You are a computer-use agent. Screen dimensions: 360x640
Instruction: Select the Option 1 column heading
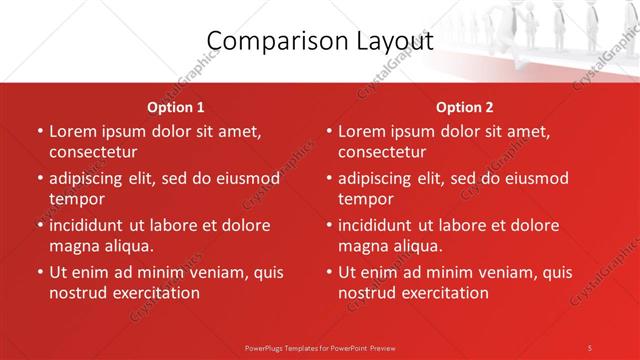point(176,106)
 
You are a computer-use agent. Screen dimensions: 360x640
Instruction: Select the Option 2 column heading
point(465,106)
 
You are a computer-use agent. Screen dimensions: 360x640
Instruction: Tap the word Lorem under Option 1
point(72,131)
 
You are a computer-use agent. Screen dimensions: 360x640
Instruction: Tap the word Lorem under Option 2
point(361,131)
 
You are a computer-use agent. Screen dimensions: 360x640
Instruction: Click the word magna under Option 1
point(72,246)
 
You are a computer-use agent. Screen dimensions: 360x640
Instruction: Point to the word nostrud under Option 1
point(76,293)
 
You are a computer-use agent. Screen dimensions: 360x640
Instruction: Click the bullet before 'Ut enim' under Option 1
point(39,272)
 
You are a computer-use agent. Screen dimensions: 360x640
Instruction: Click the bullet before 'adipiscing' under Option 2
point(328,179)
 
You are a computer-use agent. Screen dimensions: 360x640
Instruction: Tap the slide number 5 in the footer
point(590,347)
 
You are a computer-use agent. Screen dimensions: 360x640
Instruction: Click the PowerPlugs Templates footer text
point(319,347)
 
